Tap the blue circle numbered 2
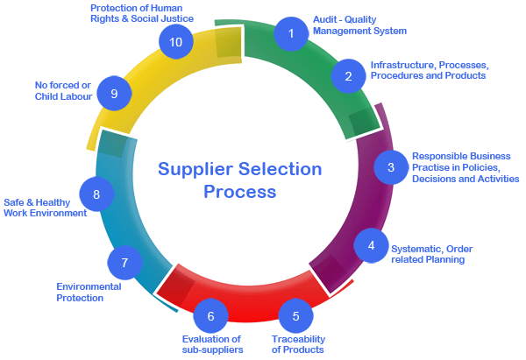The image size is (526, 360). [x=348, y=76]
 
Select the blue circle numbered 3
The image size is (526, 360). [x=391, y=166]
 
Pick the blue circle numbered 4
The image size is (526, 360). [x=371, y=245]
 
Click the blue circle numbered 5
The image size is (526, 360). [x=296, y=316]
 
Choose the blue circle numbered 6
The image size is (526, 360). [x=210, y=314]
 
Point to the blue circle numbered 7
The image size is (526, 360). [x=124, y=263]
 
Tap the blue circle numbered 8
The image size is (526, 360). [x=96, y=194]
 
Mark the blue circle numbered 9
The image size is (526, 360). [x=113, y=94]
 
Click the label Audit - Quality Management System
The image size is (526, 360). [x=359, y=25]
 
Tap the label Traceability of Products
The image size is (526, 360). [x=298, y=343]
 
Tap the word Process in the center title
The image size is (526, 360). [x=240, y=190]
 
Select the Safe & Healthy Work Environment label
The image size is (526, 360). [x=46, y=207]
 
